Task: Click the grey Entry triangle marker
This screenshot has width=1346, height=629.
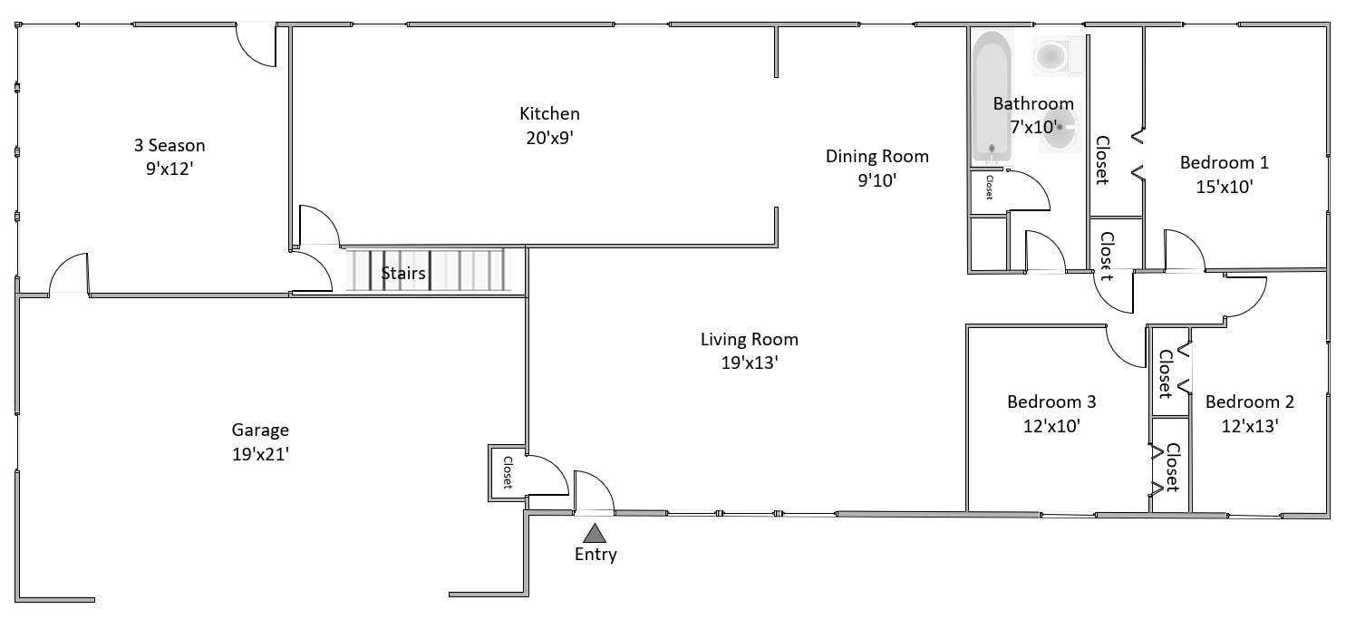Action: click(x=595, y=534)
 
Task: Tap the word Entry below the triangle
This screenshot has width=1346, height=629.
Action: click(x=596, y=554)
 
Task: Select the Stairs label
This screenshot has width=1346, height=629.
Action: click(x=403, y=274)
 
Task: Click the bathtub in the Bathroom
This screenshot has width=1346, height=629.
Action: click(x=992, y=97)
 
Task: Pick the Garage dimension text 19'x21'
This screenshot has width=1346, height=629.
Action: click(x=261, y=454)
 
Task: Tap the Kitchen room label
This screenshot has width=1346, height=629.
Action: click(x=549, y=113)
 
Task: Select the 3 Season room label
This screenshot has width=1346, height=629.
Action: click(x=169, y=145)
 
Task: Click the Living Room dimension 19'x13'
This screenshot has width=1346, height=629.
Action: click(x=750, y=363)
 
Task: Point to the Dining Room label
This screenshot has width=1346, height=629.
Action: click(x=877, y=156)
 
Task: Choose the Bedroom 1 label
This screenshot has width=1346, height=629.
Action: click(x=1224, y=163)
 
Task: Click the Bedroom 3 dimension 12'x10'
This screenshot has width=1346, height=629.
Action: click(x=1051, y=426)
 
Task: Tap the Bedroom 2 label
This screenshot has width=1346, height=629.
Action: click(x=1249, y=402)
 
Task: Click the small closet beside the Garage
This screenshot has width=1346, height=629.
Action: click(x=508, y=472)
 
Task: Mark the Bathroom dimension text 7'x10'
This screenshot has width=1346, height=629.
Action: click(x=1033, y=128)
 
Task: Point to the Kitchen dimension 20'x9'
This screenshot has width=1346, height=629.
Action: click(x=549, y=138)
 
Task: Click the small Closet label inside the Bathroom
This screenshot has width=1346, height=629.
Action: click(x=989, y=187)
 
